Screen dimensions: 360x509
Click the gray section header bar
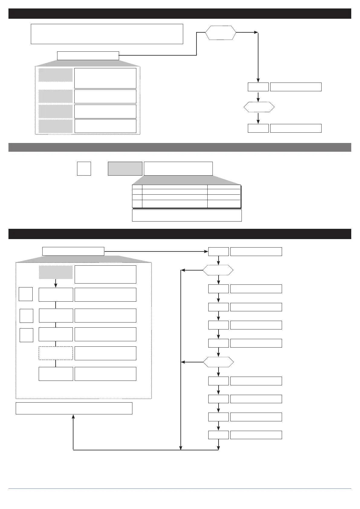pyautogui.click(x=180, y=147)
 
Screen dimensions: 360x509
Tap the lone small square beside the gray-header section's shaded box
pyautogui.click(x=84, y=169)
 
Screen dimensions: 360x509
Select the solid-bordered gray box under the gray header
pyautogui.click(x=125, y=169)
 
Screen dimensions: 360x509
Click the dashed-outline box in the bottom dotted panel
pyautogui.click(x=56, y=353)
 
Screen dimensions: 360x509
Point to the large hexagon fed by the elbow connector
pyautogui.click(x=221, y=33)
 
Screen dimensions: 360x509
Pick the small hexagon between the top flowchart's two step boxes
pyautogui.click(x=259, y=107)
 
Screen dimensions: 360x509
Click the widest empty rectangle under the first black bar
pyautogui.click(x=107, y=34)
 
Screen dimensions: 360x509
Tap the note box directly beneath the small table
pyautogui.click(x=187, y=215)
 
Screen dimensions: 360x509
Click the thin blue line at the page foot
pyautogui.click(x=180, y=488)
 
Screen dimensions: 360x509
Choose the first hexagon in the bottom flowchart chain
pyautogui.click(x=218, y=270)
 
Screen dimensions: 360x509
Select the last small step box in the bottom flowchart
pyautogui.click(x=218, y=435)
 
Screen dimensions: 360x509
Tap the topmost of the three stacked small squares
pyautogui.click(x=26, y=294)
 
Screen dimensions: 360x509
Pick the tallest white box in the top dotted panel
pyautogui.click(x=105, y=78)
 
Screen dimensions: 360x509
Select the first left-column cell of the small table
pyautogui.click(x=137, y=187)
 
